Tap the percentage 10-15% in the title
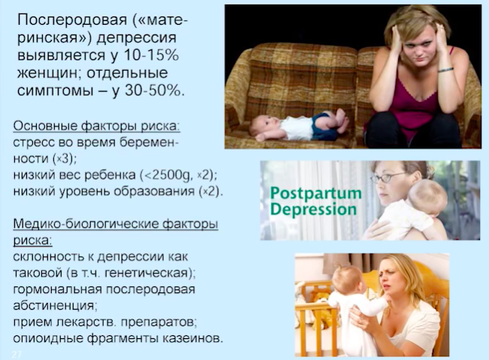(152, 55)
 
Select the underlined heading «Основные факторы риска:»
(97, 126)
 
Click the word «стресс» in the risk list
(33, 143)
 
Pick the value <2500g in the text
(166, 175)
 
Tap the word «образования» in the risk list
(154, 191)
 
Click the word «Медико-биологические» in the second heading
(84, 224)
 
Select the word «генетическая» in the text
(147, 274)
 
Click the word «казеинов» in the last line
(194, 338)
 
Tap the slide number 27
(17, 355)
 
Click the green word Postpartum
(316, 194)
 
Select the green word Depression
(313, 210)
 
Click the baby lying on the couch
(297, 126)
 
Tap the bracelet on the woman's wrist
(445, 70)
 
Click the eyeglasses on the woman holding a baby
(387, 177)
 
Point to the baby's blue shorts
(325, 127)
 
